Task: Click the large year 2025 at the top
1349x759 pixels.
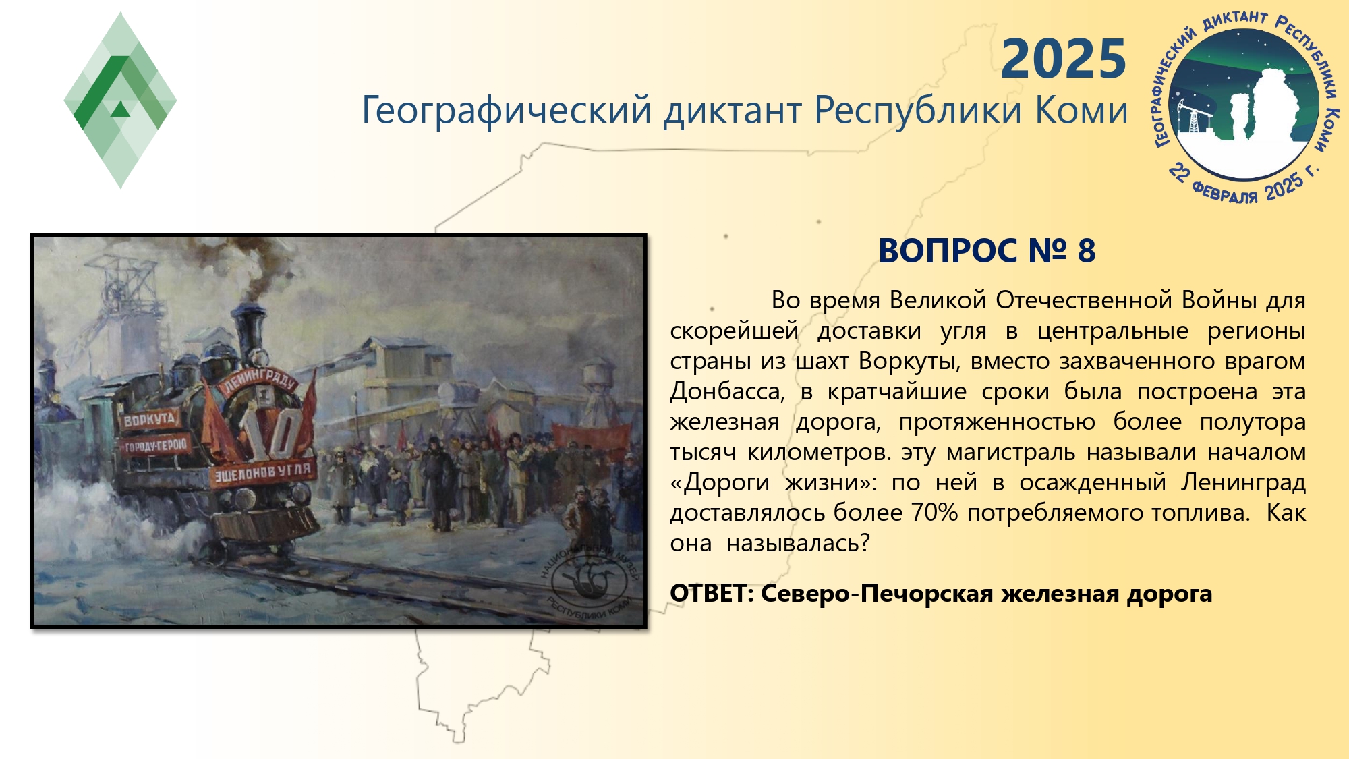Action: tap(1064, 59)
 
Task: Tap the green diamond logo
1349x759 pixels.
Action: tap(120, 100)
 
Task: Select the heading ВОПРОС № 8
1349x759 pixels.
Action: tap(987, 250)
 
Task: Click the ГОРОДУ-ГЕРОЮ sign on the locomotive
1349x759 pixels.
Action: tap(154, 446)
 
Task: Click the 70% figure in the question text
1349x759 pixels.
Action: tap(934, 513)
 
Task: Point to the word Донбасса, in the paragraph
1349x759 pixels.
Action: tap(727, 391)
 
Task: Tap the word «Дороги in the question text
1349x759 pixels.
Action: tap(720, 483)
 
